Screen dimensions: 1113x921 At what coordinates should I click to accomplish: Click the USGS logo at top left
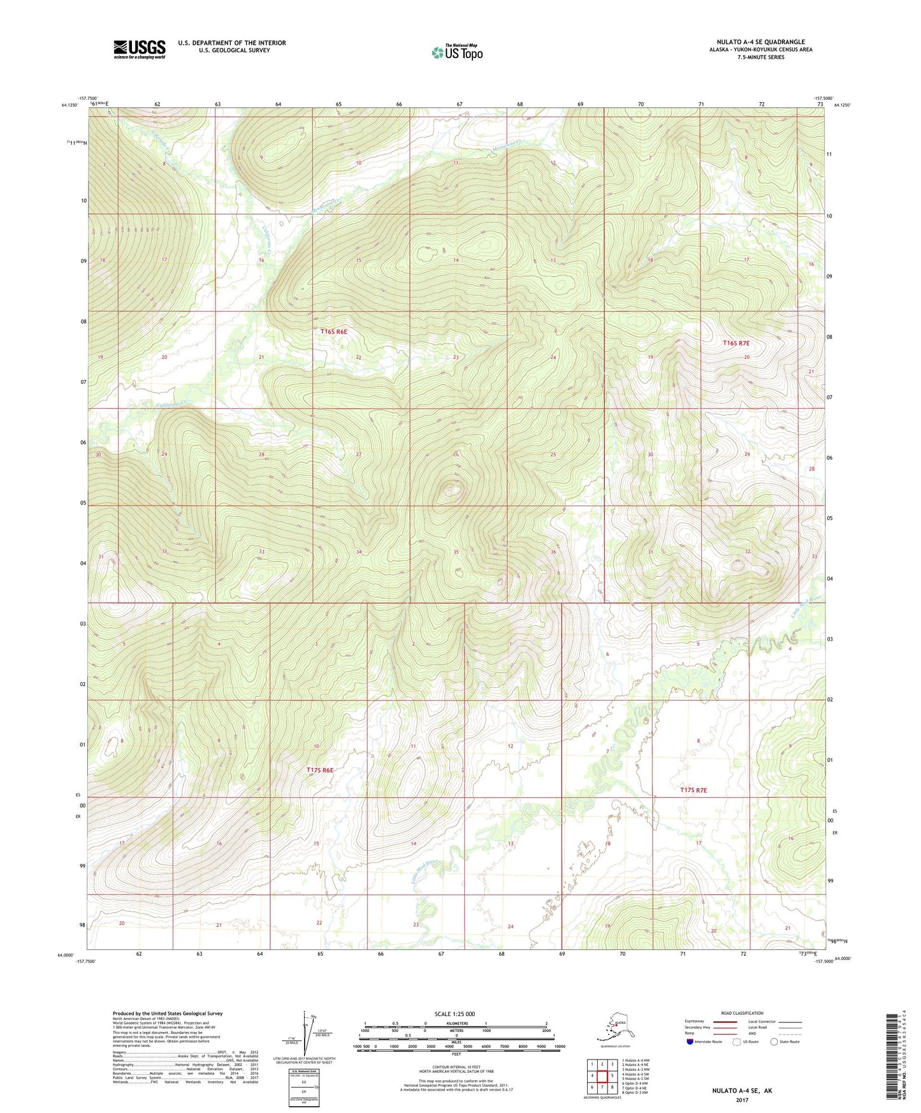(x=139, y=48)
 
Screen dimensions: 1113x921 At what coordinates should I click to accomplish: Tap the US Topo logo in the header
(x=457, y=52)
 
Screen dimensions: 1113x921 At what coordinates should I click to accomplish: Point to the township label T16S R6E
(x=334, y=331)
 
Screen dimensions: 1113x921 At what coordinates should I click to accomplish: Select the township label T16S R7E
(x=736, y=343)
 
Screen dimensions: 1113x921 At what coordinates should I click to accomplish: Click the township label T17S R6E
(x=320, y=770)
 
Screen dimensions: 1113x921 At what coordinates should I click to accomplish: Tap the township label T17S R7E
(x=693, y=790)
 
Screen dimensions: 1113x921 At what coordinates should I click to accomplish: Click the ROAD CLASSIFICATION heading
(x=742, y=1013)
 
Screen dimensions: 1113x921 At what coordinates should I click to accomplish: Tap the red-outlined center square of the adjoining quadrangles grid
(x=602, y=1076)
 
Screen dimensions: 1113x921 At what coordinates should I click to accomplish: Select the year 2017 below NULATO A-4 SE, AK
(x=741, y=1100)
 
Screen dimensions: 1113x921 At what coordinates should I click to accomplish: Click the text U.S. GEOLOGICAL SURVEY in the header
(x=233, y=50)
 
